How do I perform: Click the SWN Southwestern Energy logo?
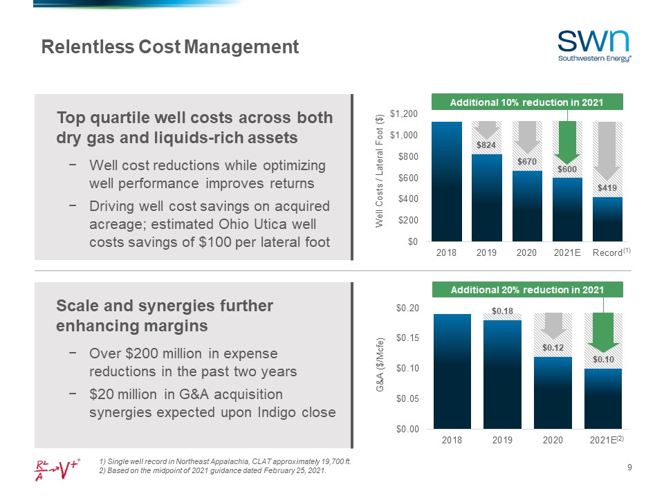(x=594, y=46)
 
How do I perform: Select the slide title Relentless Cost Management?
(x=170, y=47)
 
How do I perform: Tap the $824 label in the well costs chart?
(x=487, y=145)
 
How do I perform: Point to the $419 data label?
(x=607, y=187)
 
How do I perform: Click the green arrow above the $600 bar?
(x=567, y=142)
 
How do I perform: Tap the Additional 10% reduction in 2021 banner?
(x=527, y=102)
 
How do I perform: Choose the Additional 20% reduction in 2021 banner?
(x=527, y=289)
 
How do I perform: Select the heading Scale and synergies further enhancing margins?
(x=165, y=315)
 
